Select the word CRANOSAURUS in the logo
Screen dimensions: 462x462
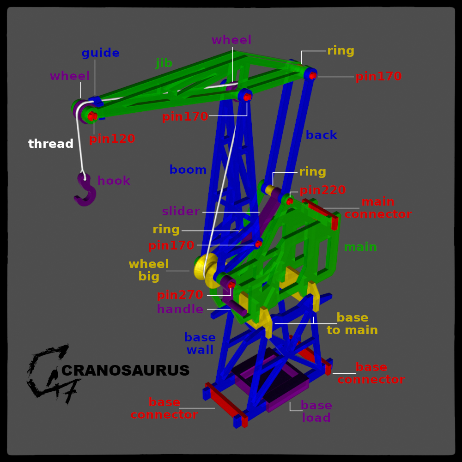click(125, 371)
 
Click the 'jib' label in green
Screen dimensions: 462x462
click(164, 63)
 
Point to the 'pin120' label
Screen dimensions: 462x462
click(112, 139)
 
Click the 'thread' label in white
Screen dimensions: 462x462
click(51, 144)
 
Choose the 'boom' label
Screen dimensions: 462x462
click(188, 170)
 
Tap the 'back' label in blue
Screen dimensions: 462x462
click(321, 135)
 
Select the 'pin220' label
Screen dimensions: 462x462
click(322, 190)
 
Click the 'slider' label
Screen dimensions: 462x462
click(181, 212)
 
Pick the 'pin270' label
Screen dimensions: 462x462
click(180, 295)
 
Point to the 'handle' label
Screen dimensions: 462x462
click(180, 310)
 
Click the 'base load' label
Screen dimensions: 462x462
click(316, 412)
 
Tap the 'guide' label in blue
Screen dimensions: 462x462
click(100, 53)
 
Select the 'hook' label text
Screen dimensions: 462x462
click(114, 181)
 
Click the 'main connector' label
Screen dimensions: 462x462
click(377, 208)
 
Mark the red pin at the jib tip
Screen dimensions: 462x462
click(92, 116)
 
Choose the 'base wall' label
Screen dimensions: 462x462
click(200, 344)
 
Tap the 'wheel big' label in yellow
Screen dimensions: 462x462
click(148, 270)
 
